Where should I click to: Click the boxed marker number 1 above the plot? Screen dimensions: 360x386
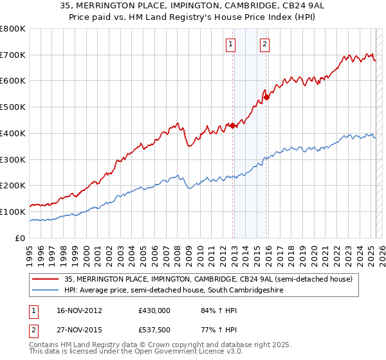tap(230, 44)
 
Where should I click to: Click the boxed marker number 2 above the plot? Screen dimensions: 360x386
tap(264, 44)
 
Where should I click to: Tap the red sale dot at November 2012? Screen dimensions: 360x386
tap(233, 126)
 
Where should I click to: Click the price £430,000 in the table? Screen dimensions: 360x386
tap(154, 310)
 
